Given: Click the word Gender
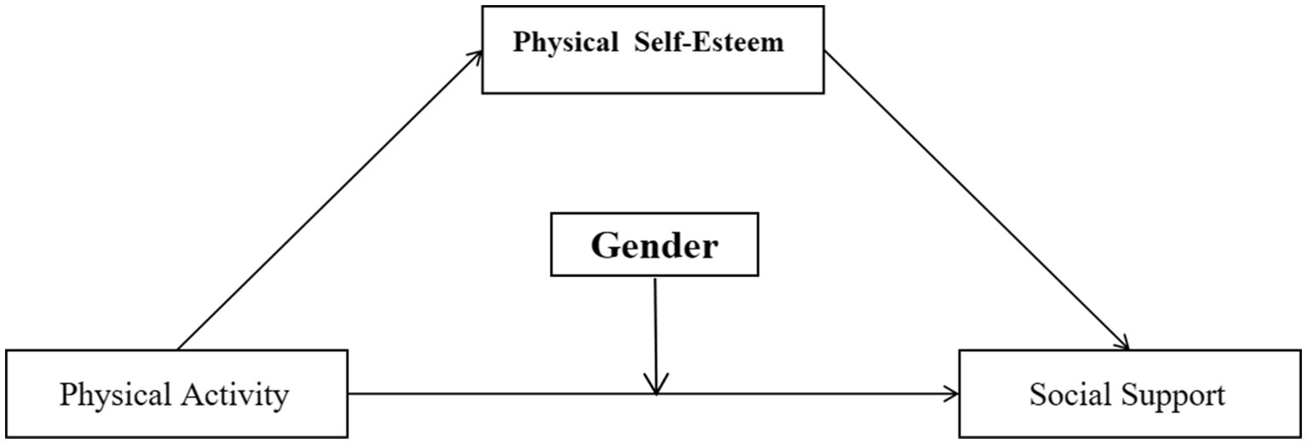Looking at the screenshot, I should [654, 246].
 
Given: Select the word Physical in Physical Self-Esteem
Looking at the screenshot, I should [565, 43].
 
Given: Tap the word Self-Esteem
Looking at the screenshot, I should [708, 43].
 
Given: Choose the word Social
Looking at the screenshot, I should [1069, 395].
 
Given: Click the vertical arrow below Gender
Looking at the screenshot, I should [655, 332].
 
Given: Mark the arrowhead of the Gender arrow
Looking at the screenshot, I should [656, 386].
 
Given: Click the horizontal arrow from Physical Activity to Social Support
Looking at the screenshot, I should [511, 393].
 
